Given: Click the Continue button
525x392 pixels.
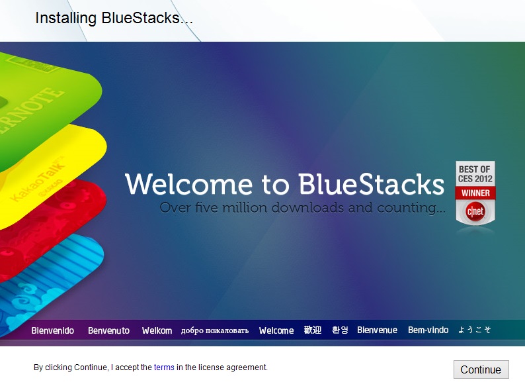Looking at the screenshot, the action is point(481,369).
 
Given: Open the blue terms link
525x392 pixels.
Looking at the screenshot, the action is point(164,367).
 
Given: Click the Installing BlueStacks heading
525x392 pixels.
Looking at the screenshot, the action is point(114,18).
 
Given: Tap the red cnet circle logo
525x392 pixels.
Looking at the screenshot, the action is point(475,211).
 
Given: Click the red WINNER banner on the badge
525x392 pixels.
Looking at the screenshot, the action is point(475,193).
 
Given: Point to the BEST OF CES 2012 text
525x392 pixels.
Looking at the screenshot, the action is point(475,173).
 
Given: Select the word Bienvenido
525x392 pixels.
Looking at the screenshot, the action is point(53,330).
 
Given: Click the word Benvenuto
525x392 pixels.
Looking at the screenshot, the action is point(109,330).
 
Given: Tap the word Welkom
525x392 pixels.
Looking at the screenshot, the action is point(157,330).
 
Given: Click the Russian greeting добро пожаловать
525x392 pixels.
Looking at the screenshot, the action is point(215,331).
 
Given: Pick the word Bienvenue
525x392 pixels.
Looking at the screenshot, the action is point(377,330).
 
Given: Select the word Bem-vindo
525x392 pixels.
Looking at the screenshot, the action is point(428,330).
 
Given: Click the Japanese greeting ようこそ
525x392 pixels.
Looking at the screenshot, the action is point(475,330).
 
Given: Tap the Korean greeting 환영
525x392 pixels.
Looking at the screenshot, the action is point(340,330).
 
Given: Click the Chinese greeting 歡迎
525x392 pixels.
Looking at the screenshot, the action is point(312,330).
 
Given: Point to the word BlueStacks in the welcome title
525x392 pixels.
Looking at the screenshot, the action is point(372,184).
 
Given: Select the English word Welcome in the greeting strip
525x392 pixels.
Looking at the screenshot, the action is point(276,330).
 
